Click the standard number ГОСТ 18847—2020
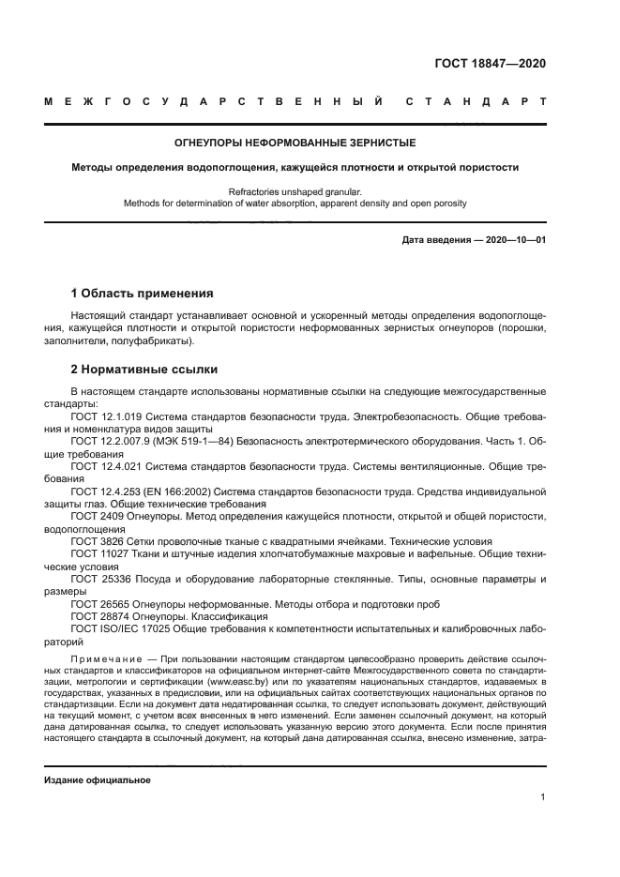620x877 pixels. point(490,65)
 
